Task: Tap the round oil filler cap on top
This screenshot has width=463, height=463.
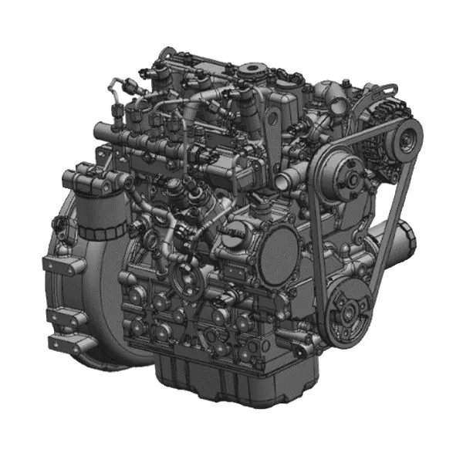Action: pos(252,73)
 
